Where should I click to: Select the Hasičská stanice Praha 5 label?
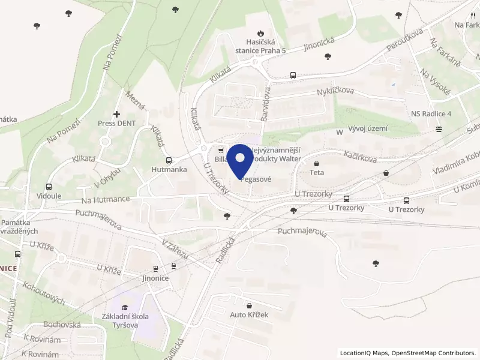tap(260, 46)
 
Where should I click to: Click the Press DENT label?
tap(117, 123)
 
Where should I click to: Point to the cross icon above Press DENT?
tap(116, 113)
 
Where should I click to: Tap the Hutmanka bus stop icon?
tap(169, 160)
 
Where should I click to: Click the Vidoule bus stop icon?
tap(49, 187)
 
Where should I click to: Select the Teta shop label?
tap(317, 172)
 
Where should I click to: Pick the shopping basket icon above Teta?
tap(317, 163)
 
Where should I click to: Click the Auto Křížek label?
tap(249, 314)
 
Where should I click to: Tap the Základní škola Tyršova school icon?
tap(125, 307)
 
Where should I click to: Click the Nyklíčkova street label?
tap(335, 91)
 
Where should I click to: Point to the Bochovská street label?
tap(62, 324)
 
